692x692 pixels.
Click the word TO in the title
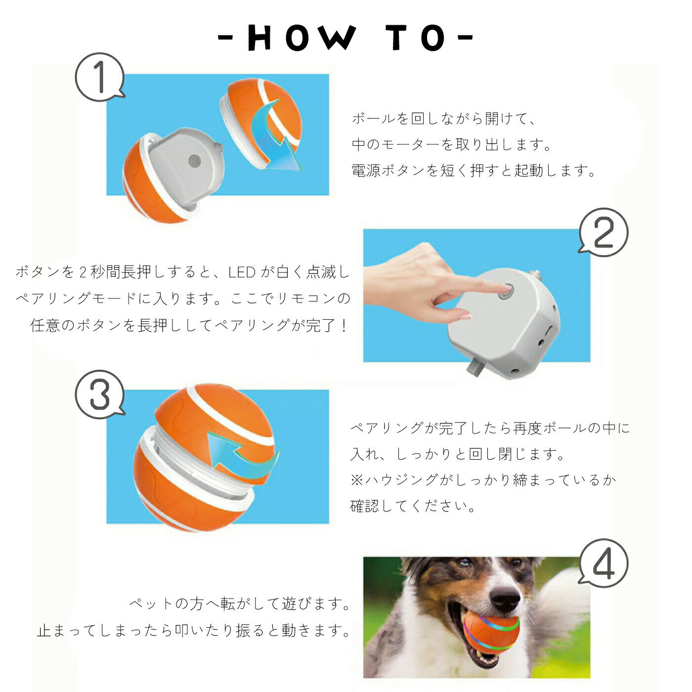click(416, 38)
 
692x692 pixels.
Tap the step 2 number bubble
click(604, 232)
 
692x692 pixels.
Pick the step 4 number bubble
click(604, 563)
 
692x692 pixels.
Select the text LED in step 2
click(242, 272)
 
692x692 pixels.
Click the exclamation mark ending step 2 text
click(344, 326)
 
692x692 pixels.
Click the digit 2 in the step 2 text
click(82, 272)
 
